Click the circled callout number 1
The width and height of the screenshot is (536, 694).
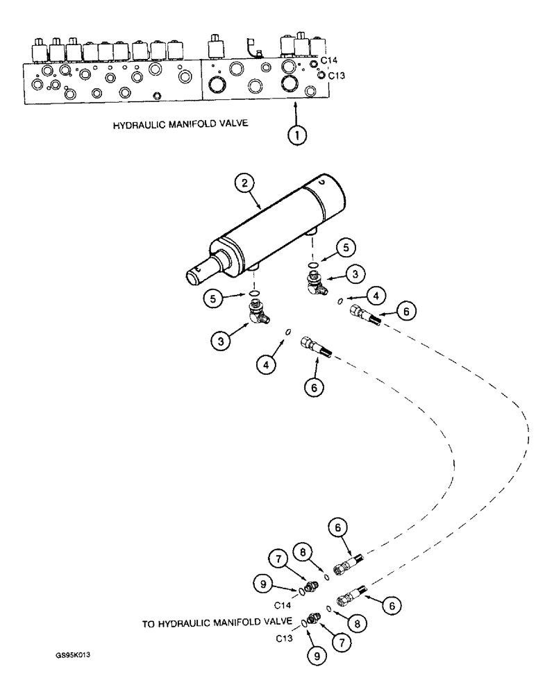pyautogui.click(x=297, y=136)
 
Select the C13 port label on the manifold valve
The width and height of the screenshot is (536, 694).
pyautogui.click(x=336, y=75)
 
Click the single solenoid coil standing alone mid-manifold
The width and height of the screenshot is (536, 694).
pyautogui.click(x=217, y=47)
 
